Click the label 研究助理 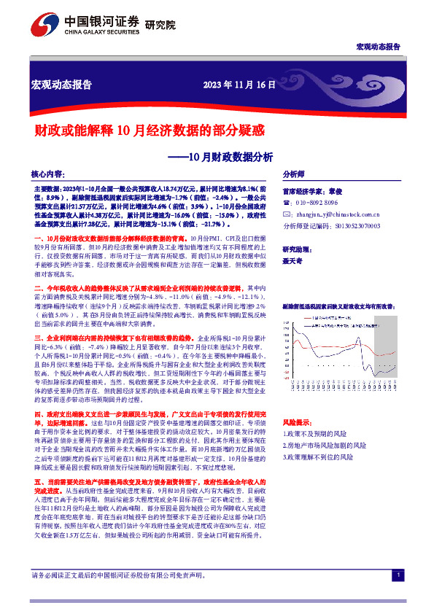pyautogui.click(x=297, y=248)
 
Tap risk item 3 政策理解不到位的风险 pyautogui.click(x=319, y=456)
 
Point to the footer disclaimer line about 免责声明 pyautogui.click(x=117, y=595)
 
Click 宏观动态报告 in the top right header pyautogui.click(x=378, y=46)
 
